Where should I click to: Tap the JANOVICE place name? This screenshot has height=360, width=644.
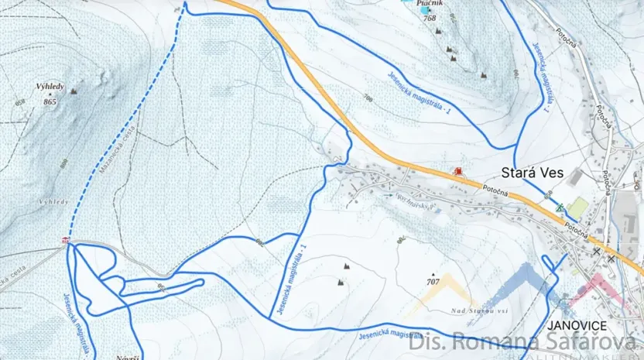[575, 326]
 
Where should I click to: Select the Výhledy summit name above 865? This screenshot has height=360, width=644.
[50, 87]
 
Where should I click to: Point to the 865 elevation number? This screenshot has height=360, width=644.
[50, 101]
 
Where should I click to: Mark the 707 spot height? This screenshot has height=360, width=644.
[434, 280]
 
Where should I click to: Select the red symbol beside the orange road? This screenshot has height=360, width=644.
[458, 170]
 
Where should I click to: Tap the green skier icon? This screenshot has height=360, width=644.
[560, 207]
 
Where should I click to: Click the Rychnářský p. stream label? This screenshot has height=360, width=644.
[413, 202]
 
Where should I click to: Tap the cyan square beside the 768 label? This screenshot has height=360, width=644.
[406, 2]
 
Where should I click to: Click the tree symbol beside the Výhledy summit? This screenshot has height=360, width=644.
[74, 91]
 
